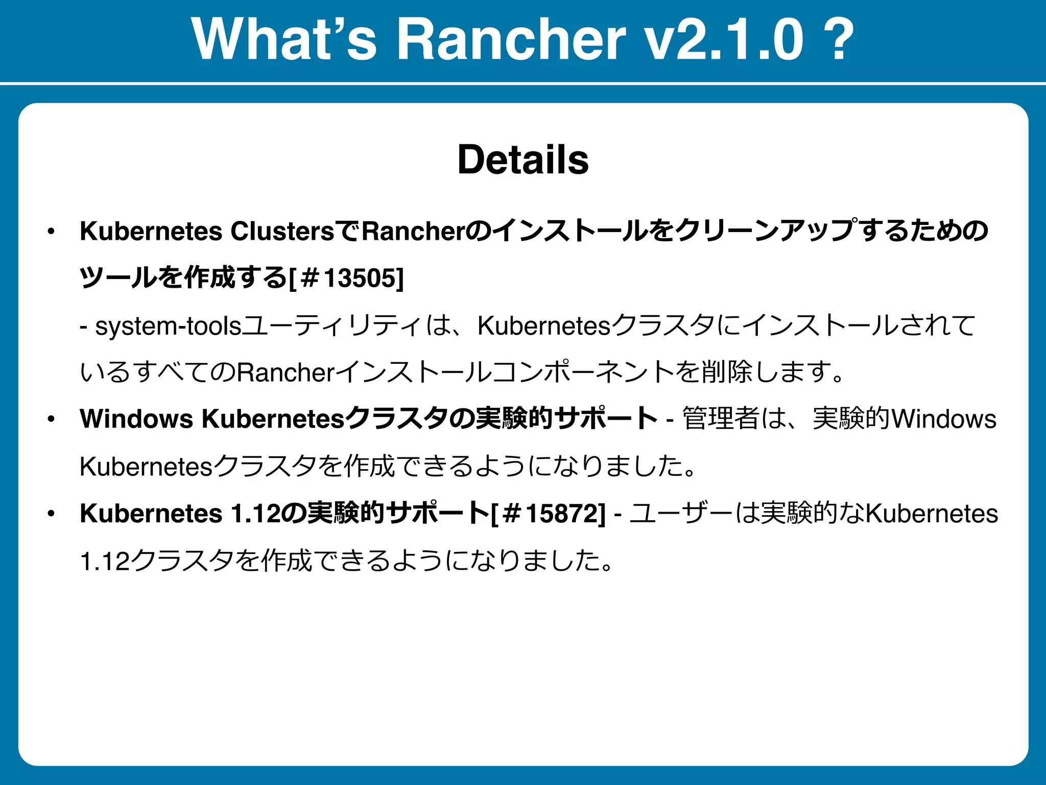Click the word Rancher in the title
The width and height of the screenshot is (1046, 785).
point(511,40)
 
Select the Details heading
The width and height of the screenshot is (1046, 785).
point(523,159)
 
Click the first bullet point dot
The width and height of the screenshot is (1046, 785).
point(51,232)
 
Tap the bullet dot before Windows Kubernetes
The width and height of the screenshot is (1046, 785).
point(51,420)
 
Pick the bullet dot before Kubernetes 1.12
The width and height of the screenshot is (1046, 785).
point(51,514)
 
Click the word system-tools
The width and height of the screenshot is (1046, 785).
point(168,326)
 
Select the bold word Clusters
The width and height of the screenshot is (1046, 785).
point(282,231)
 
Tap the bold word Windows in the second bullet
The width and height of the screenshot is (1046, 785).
point(136,419)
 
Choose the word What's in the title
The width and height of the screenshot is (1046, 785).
point(284,40)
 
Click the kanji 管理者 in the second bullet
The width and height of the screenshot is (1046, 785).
point(721,419)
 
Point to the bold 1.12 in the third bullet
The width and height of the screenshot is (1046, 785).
point(255,514)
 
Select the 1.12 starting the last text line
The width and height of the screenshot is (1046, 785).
point(105,561)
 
